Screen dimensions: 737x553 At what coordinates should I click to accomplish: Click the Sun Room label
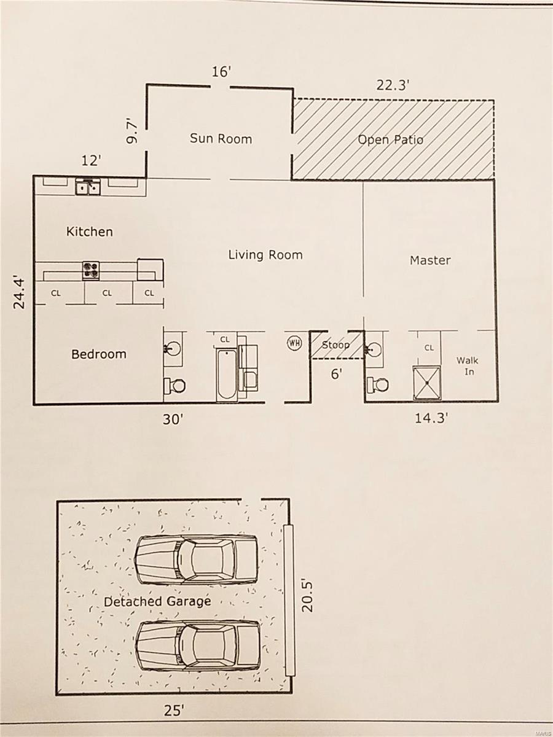pos(221,138)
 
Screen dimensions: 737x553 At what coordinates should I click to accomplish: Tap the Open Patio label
pos(391,139)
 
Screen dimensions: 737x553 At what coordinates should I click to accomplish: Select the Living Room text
pos(265,254)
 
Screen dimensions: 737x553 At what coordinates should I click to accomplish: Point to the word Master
pos(430,260)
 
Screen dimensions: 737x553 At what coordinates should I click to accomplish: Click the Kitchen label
pos(90,232)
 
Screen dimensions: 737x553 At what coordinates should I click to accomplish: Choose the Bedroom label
pos(99,354)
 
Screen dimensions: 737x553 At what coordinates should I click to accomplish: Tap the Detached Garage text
pos(157,601)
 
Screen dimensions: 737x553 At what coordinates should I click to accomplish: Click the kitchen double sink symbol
pos(88,187)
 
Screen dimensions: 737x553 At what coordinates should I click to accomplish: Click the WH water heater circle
pos(294,343)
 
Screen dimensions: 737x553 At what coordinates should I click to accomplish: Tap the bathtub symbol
pos(226,375)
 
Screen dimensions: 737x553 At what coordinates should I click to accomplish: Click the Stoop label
pos(335,345)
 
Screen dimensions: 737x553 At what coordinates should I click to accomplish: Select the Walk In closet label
pos(467,366)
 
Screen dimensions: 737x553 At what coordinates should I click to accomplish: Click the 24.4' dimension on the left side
pos(20,291)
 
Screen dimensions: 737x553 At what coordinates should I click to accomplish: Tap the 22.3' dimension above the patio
pos(393,85)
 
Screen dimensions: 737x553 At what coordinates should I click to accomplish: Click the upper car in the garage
pos(196,559)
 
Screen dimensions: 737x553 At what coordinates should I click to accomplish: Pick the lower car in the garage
pos(197,645)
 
